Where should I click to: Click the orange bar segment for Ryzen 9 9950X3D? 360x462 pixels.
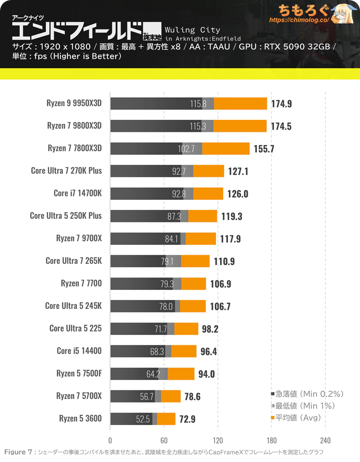pos(240,104)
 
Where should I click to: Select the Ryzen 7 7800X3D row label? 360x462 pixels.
pos(75,148)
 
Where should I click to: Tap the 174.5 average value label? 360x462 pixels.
pos(281,126)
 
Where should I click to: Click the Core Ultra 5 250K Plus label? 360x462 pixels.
pos(66,216)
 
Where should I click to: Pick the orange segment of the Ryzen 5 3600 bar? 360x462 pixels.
pos(166,419)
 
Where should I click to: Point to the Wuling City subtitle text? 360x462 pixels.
pos(193,30)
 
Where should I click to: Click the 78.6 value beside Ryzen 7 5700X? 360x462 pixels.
pos(192,396)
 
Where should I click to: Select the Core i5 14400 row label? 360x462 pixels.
pos(79,351)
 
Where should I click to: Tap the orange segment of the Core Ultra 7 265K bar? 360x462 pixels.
pos(195,261)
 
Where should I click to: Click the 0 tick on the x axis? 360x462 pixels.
pos(110,440)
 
